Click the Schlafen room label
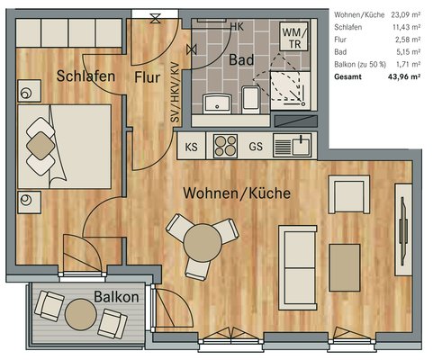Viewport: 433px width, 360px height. tap(86, 76)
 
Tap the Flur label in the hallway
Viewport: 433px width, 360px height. tap(147, 77)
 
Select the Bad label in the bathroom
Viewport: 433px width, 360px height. tap(241, 59)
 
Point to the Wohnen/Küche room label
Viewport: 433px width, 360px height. tap(237, 193)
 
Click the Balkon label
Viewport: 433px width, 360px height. tap(116, 297)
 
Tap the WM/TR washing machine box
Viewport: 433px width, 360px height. tap(293, 37)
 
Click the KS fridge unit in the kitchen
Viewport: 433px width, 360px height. tap(191, 146)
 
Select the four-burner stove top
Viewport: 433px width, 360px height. tap(225, 146)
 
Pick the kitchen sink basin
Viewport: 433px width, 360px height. tap(302, 147)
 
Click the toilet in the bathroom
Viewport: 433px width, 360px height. tap(250, 100)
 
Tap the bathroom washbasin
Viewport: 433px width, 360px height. tap(217, 103)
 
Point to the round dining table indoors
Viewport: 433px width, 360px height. tap(203, 242)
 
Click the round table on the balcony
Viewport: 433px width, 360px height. tap(81, 315)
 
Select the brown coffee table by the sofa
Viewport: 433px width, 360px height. tap(345, 267)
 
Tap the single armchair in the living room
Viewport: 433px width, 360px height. tap(349, 194)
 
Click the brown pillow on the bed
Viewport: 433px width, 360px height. tap(41, 147)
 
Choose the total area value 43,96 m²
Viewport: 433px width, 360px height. tap(404, 76)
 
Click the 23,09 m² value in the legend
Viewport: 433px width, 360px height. tap(405, 14)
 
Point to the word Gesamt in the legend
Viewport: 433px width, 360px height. tap(347, 76)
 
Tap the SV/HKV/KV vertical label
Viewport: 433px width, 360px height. tap(175, 93)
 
